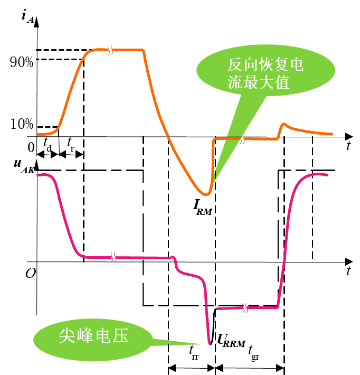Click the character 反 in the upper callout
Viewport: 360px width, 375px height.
tap(235, 65)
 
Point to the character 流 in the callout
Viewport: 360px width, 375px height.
tap(235, 83)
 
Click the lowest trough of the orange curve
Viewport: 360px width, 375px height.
tap(206, 195)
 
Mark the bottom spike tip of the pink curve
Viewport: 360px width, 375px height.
tap(210, 344)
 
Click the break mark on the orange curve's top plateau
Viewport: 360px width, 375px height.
tap(110, 50)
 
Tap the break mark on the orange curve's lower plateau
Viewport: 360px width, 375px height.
tap(242, 139)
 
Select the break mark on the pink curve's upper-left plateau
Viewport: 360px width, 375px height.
tap(113, 257)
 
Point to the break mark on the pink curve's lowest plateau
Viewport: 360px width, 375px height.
tap(244, 308)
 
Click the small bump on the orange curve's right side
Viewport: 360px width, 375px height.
tap(284, 125)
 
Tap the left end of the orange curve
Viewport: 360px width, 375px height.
tap(37, 135)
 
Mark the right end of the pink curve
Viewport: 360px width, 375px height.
tap(327, 174)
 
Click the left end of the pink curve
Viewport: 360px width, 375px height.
tap(37, 174)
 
